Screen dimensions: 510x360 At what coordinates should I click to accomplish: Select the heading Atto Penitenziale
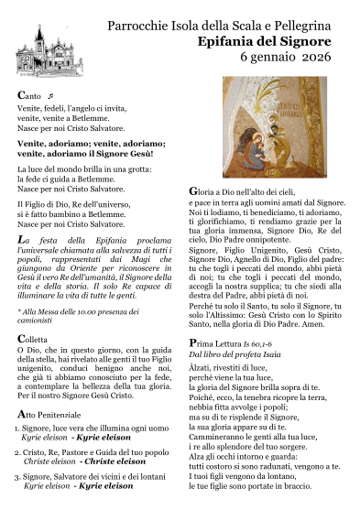click(x=57, y=415)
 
